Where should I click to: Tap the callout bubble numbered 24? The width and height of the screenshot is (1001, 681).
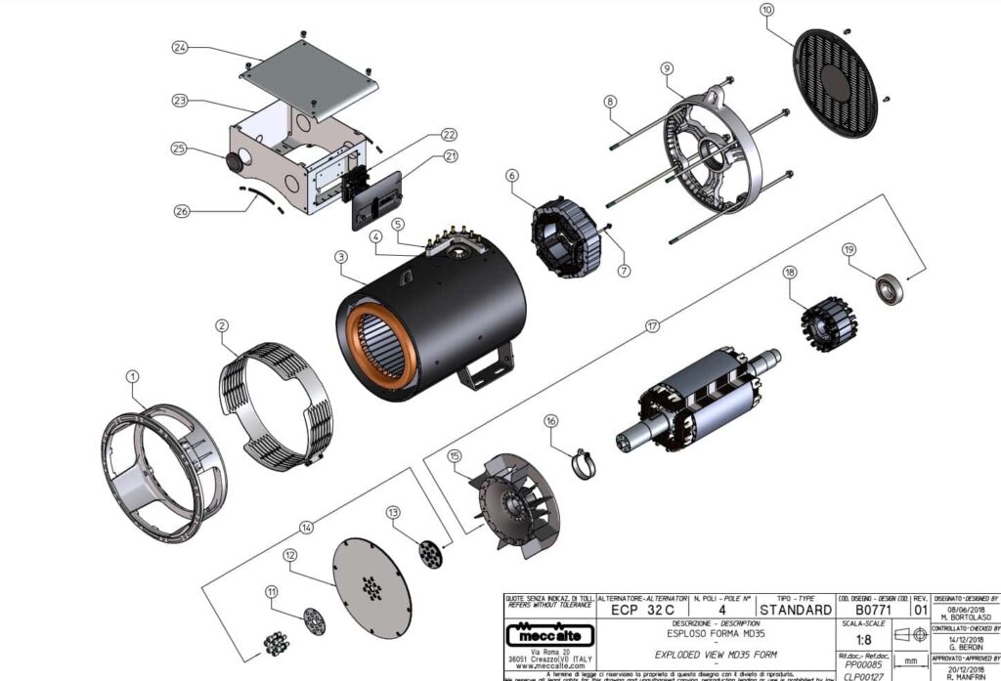point(180,47)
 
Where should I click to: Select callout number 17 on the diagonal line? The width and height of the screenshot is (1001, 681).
point(652,325)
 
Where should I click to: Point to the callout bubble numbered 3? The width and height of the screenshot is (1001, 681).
point(340,256)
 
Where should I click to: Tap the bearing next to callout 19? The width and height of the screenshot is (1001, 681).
point(889,289)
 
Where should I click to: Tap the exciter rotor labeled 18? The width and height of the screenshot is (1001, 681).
point(822,317)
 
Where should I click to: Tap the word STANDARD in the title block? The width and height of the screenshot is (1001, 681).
point(782,611)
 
